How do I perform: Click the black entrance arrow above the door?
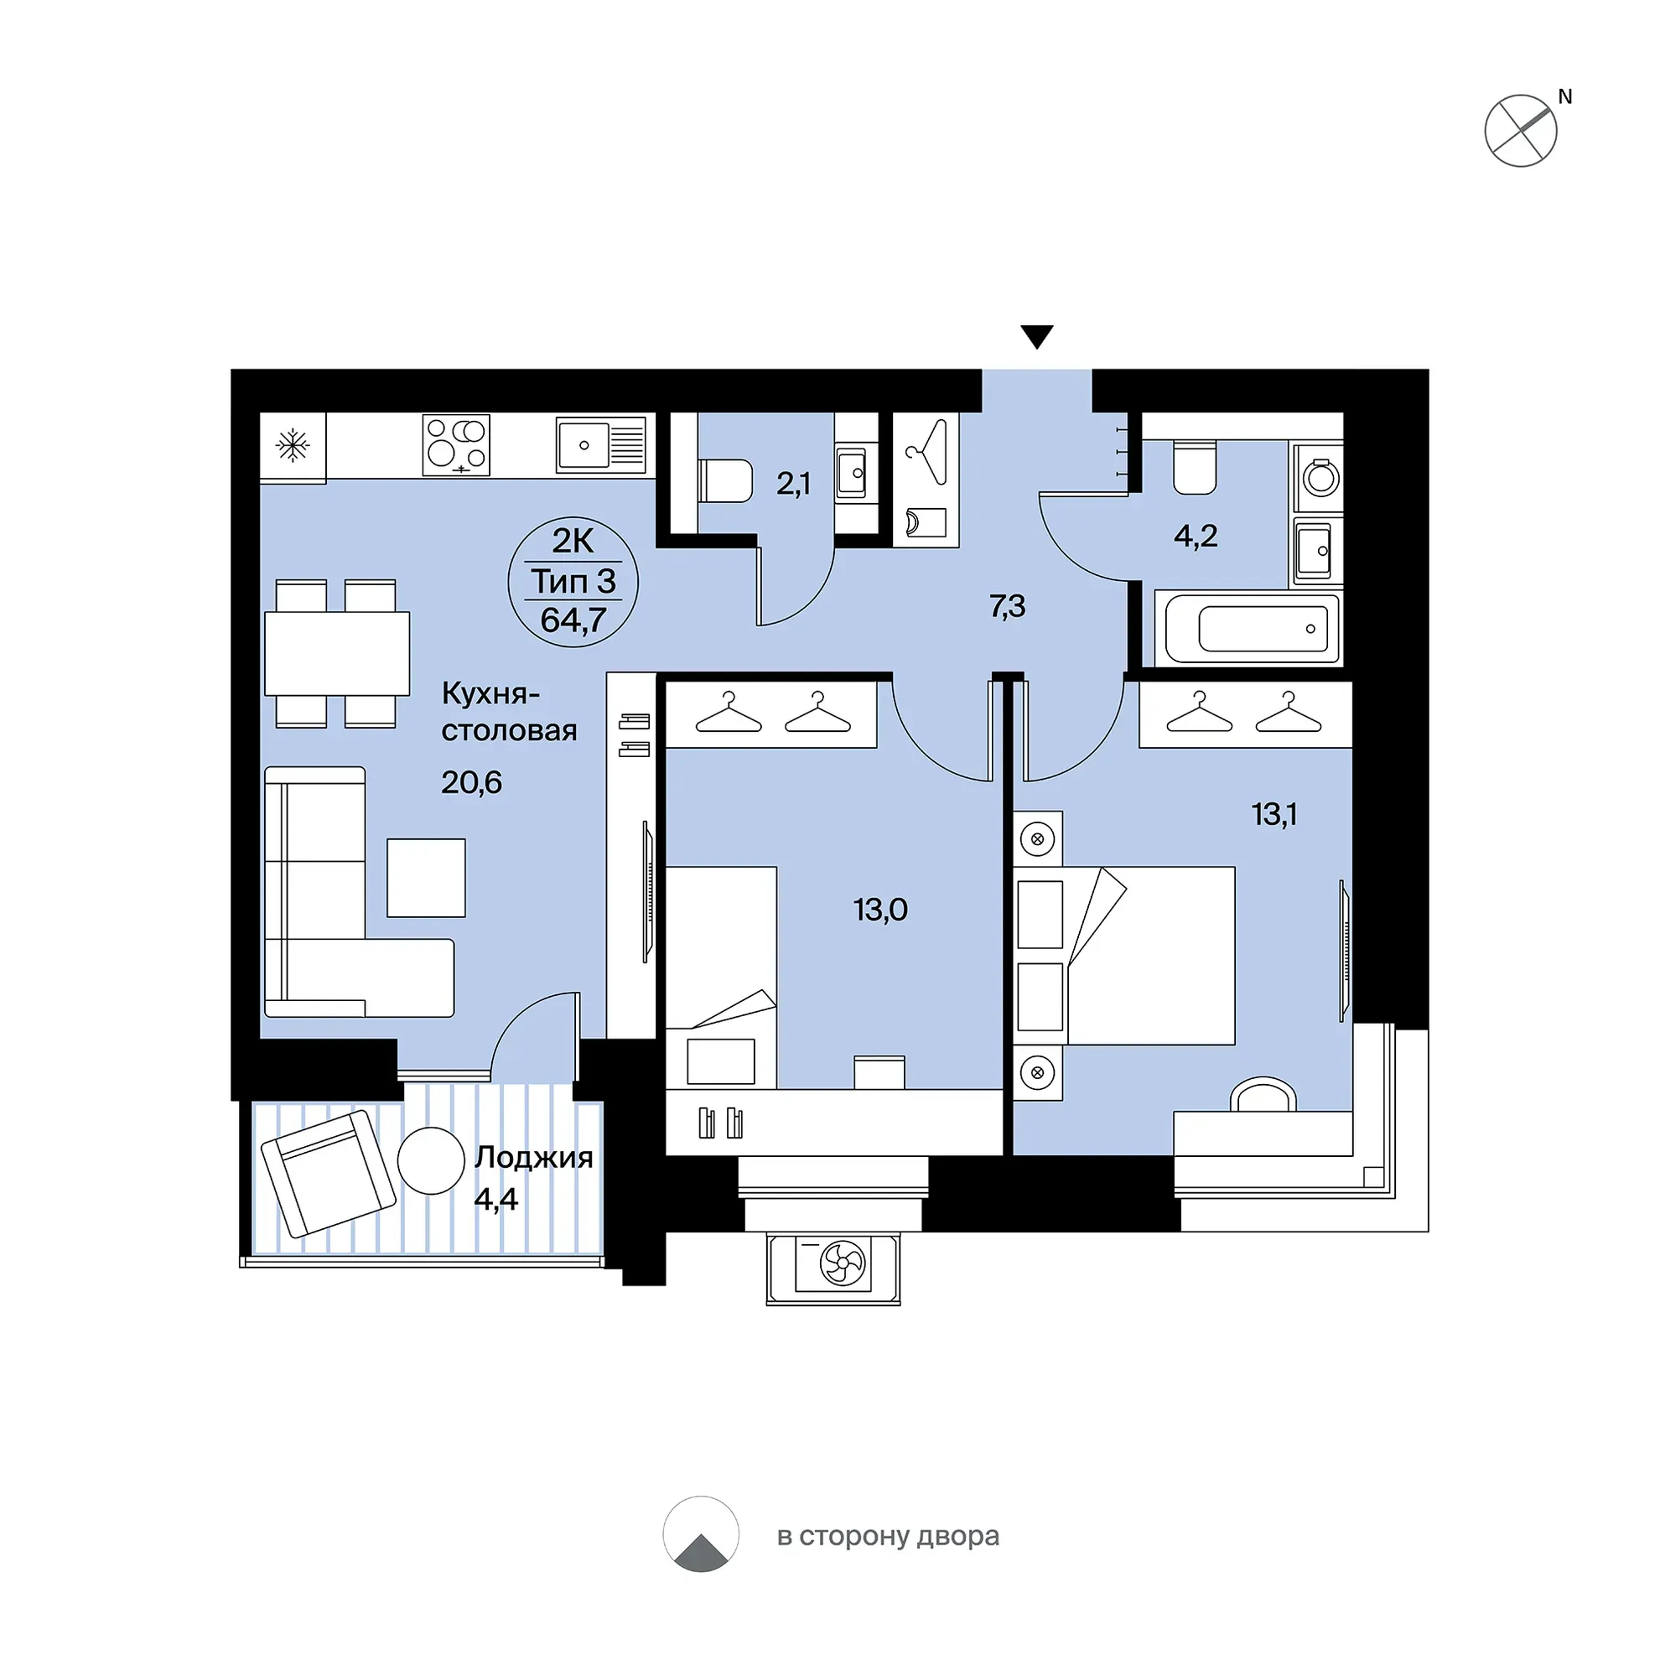[1037, 336]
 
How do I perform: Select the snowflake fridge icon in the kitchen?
[293, 446]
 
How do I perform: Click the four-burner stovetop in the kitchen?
[456, 445]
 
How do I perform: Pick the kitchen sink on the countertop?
[600, 445]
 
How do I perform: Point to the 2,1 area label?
[793, 485]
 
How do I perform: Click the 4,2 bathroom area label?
[1196, 537]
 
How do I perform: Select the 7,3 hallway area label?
[1007, 607]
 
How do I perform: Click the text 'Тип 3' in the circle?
[573, 582]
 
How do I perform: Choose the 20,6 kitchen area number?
[472, 783]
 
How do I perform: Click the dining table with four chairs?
[337, 653]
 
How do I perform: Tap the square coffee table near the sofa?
[426, 877]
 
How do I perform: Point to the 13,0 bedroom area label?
[880, 909]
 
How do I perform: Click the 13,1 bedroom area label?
[1274, 814]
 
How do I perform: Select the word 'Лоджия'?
[533, 1158]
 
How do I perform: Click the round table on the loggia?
[431, 1160]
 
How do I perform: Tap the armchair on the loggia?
[328, 1173]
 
